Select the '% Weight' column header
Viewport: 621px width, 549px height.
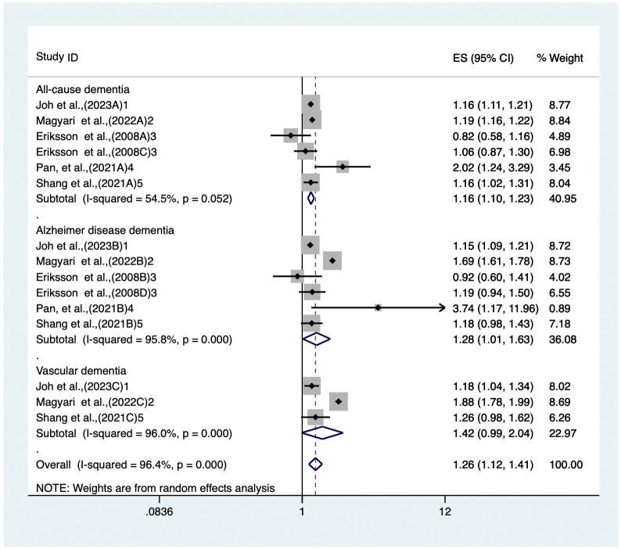coord(559,58)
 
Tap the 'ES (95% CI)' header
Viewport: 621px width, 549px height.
coord(483,58)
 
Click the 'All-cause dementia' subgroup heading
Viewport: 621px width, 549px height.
coord(82,89)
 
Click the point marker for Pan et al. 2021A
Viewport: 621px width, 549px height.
coord(343,167)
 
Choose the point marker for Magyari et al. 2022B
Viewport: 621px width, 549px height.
coord(332,260)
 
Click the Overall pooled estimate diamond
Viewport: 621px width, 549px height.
coord(315,465)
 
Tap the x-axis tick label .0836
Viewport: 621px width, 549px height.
coord(160,511)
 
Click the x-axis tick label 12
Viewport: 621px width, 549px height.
coord(445,511)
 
